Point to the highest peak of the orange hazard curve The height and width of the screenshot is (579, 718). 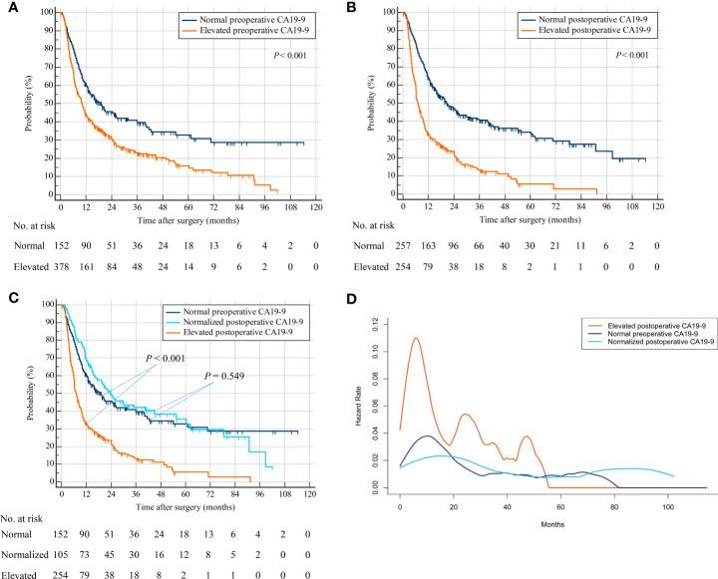(x=415, y=338)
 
